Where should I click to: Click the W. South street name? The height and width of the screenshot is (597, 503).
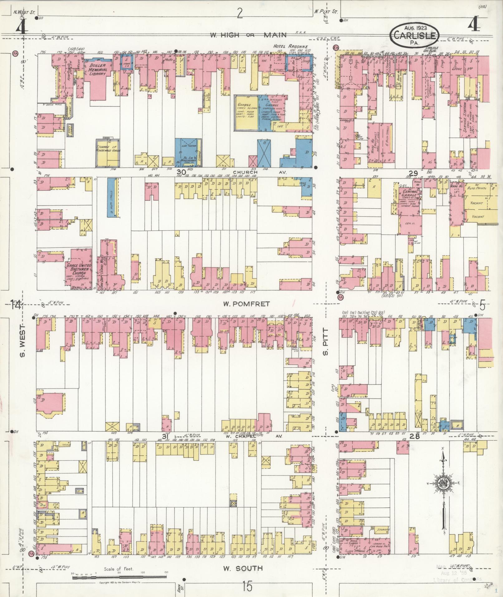pyautogui.click(x=243, y=568)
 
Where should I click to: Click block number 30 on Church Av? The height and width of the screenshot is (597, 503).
pyautogui.click(x=181, y=172)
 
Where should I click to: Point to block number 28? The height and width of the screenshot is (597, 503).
pyautogui.click(x=415, y=436)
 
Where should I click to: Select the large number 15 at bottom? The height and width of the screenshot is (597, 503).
pyautogui.click(x=247, y=587)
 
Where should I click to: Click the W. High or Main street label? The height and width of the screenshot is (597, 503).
pyautogui.click(x=252, y=35)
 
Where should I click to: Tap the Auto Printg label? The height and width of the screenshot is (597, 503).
pyautogui.click(x=476, y=188)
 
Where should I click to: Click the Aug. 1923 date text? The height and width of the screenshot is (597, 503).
pyautogui.click(x=415, y=28)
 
